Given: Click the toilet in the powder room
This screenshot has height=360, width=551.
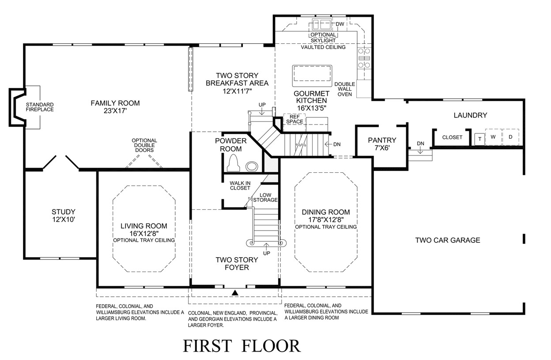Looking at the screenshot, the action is (x=233, y=163).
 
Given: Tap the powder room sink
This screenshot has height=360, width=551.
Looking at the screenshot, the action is (x=252, y=166).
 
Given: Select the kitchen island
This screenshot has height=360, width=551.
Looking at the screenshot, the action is (x=312, y=76).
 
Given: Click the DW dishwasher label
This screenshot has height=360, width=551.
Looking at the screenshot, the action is (x=340, y=24).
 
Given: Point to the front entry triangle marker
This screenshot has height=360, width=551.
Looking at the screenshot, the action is (x=235, y=292).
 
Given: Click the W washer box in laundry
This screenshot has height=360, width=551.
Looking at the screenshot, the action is (x=493, y=137).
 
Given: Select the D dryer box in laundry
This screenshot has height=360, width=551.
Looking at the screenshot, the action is (x=511, y=137).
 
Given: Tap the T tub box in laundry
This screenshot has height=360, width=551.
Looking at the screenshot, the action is (x=479, y=139).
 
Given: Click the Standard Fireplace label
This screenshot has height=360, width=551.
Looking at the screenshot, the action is (x=40, y=107).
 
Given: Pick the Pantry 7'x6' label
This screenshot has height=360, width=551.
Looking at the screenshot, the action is (x=382, y=144).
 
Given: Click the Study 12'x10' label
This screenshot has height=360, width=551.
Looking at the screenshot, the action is (x=64, y=215).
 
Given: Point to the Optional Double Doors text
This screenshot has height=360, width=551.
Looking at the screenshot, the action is (x=144, y=145).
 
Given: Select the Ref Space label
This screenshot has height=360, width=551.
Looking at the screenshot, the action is (x=294, y=119).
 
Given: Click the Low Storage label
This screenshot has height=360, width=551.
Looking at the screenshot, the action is (x=265, y=197).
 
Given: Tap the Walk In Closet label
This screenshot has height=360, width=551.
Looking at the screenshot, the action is (x=240, y=186).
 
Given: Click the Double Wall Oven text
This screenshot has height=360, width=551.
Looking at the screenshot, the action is (x=345, y=89).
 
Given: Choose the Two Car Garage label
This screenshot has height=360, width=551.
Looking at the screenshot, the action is (x=448, y=240).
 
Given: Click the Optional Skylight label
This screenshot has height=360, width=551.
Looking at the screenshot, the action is (x=323, y=38).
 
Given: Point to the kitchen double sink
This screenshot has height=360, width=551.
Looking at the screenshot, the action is (x=322, y=24).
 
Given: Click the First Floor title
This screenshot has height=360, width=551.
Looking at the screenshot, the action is (x=242, y=346).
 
